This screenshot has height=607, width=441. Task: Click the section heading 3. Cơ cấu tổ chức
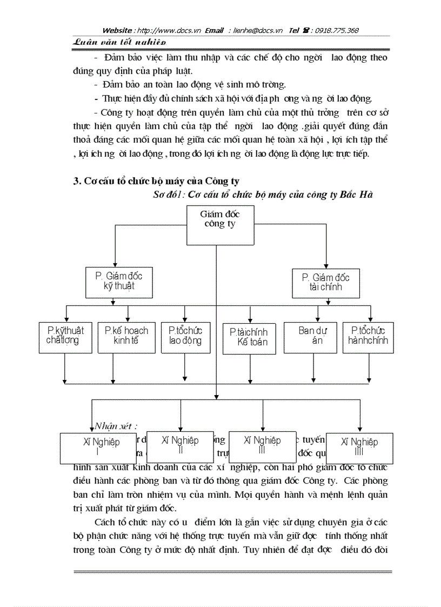click(157, 182)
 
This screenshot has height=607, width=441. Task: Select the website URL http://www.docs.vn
click(170, 31)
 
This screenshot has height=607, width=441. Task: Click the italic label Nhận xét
click(116, 425)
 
